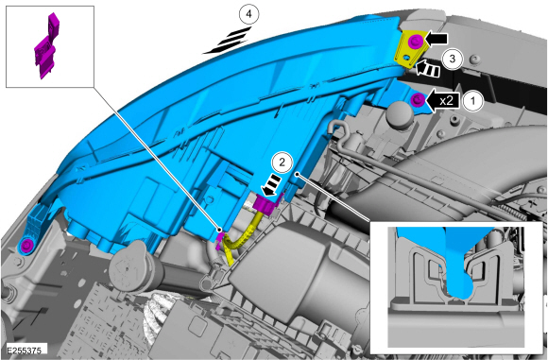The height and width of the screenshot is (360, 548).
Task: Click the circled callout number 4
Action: (x=248, y=15)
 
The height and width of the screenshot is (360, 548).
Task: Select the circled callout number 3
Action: (x=452, y=59)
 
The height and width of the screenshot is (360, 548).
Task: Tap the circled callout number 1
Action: (x=473, y=101)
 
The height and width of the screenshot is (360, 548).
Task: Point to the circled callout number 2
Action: (x=282, y=162)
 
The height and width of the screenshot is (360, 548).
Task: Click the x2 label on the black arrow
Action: (x=446, y=101)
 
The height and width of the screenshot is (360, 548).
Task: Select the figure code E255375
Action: (x=24, y=351)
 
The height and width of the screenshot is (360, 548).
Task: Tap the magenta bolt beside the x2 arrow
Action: (x=418, y=100)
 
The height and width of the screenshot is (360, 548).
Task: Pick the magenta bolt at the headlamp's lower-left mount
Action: (x=26, y=246)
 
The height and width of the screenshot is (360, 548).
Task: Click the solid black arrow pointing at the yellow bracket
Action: (x=436, y=40)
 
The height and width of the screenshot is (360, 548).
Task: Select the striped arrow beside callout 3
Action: (x=427, y=69)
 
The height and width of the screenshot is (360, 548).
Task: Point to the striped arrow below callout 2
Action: (x=272, y=184)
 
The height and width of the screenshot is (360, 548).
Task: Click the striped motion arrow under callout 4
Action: (x=228, y=41)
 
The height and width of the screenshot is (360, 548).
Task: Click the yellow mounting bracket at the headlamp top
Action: (x=410, y=48)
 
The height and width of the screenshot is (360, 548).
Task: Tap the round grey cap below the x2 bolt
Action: (x=400, y=114)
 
